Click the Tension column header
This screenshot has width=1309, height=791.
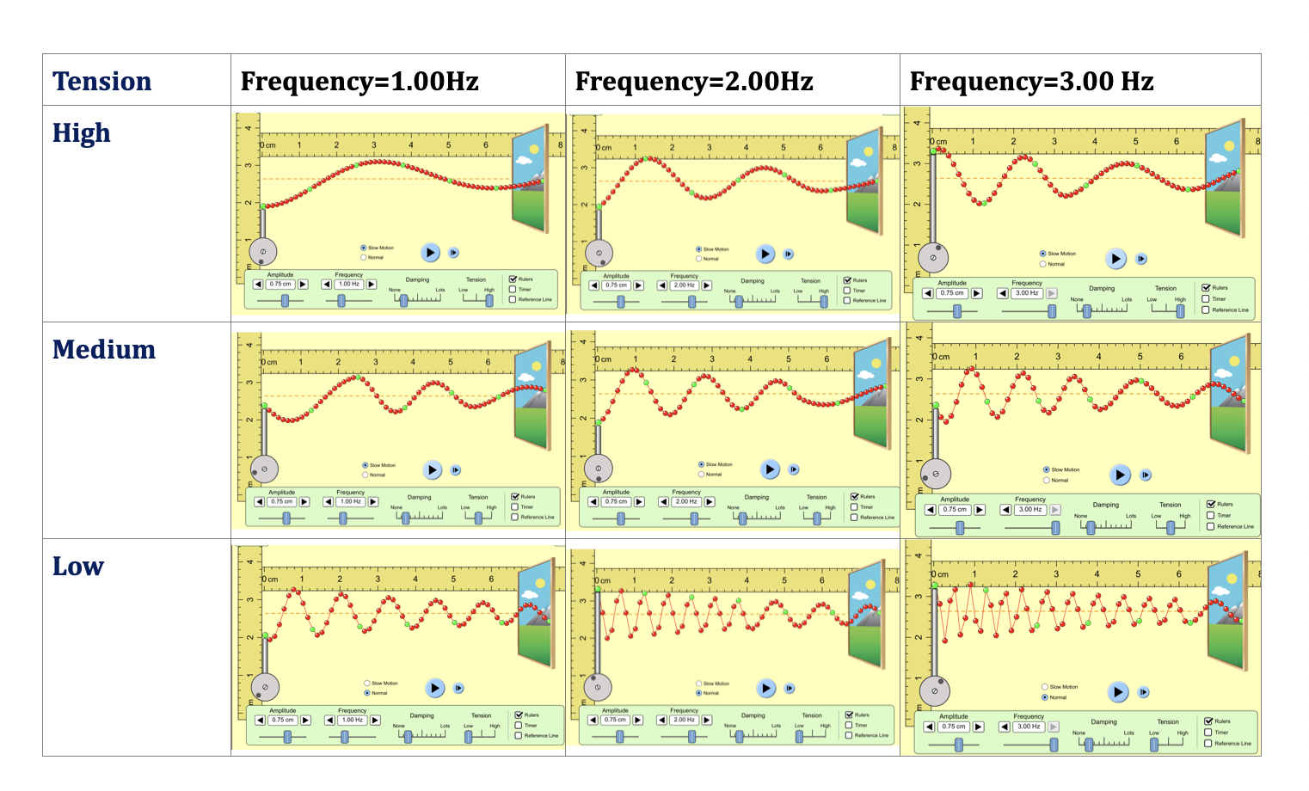coord(101,82)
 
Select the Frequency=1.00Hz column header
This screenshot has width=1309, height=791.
coord(360,82)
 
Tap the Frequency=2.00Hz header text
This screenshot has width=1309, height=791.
coord(694,82)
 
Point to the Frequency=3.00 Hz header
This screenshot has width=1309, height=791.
coord(1031,82)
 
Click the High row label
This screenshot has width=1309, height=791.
coord(82,133)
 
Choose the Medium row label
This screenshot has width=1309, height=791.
coord(104,350)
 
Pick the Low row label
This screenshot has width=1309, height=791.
coord(78,567)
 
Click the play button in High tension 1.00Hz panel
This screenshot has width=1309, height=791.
coord(431,253)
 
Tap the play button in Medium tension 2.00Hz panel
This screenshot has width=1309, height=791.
coord(770,469)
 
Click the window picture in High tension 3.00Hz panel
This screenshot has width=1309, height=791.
coord(1226,179)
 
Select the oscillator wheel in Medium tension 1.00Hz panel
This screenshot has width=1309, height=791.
coord(264,469)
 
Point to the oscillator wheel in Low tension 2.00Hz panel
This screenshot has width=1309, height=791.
coord(598,687)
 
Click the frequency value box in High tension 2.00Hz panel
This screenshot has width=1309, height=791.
coord(685,285)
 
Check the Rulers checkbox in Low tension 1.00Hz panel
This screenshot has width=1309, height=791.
coord(519,715)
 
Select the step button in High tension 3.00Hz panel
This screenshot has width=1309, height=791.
coord(1141,259)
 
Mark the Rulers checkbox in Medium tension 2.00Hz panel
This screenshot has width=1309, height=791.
coord(854,497)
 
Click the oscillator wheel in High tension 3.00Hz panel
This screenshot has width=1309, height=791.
coord(933,257)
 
